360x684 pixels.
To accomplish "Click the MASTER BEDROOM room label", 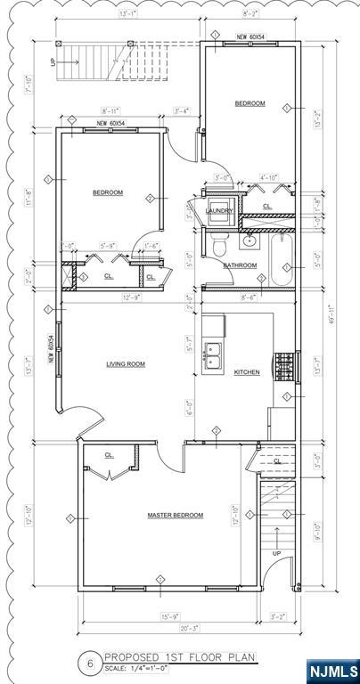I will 175,515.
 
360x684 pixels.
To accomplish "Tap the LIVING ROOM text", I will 126,363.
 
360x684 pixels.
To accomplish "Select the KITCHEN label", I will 247,371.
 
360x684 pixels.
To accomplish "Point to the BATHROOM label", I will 240,265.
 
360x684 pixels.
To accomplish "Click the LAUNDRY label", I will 219,211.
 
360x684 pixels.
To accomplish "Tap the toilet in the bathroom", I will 218,242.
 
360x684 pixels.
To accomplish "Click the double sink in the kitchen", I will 215,354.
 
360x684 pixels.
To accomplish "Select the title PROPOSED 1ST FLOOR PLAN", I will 180,656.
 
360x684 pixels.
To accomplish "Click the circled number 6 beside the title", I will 89,662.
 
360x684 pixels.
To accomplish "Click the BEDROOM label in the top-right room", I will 250,103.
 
